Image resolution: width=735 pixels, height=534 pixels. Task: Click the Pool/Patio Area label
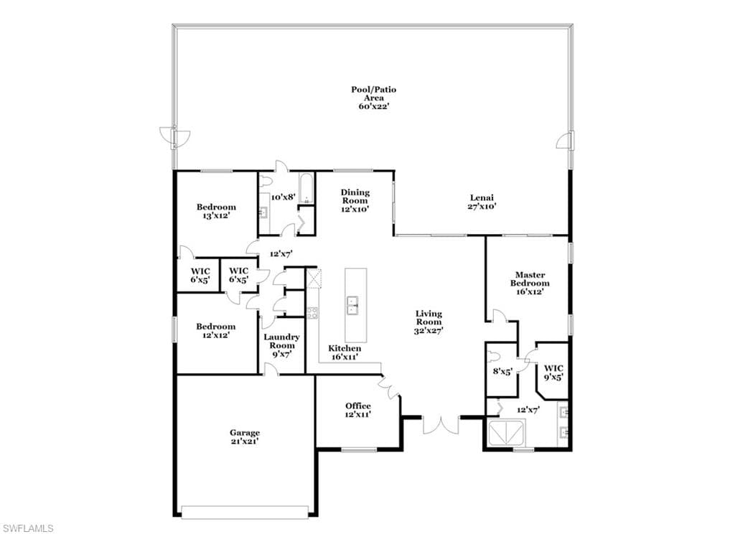tap(373, 98)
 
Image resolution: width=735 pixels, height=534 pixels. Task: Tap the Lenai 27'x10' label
tap(482, 202)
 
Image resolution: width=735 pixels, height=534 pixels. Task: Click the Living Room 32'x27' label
tap(429, 322)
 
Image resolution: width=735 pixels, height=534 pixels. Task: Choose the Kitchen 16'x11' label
tap(345, 352)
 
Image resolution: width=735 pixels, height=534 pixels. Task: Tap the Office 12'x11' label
tap(358, 411)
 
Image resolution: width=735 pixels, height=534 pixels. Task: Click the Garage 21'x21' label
tap(244, 437)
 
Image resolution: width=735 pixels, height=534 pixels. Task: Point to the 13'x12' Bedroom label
tap(216, 212)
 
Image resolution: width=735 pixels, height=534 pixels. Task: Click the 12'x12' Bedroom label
tap(215, 331)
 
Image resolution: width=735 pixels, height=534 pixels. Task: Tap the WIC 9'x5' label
tap(553, 373)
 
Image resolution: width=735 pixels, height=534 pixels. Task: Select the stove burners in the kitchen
tap(312, 313)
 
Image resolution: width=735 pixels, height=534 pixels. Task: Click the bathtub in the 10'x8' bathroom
tap(306, 189)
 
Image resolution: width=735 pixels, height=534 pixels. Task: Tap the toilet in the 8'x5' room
tap(492, 355)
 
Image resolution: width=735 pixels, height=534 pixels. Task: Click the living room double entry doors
tap(441, 425)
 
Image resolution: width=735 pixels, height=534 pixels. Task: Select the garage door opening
tap(245, 512)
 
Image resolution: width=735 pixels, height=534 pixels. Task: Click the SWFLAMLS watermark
tap(28, 528)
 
